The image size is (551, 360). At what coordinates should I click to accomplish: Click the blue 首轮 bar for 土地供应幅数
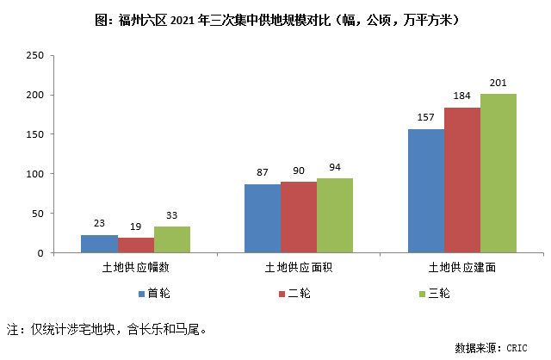(99, 244)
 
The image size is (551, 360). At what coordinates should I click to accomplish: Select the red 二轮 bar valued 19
(136, 245)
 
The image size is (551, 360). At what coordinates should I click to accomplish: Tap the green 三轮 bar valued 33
(172, 239)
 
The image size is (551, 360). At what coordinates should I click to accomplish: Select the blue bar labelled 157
(426, 190)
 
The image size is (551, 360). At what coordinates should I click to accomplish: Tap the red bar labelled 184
(462, 180)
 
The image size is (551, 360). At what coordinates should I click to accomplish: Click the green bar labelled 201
(498, 173)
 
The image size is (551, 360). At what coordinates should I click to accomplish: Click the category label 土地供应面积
(299, 269)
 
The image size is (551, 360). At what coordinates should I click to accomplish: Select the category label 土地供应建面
(461, 269)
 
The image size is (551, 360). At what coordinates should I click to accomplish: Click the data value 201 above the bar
(498, 83)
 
